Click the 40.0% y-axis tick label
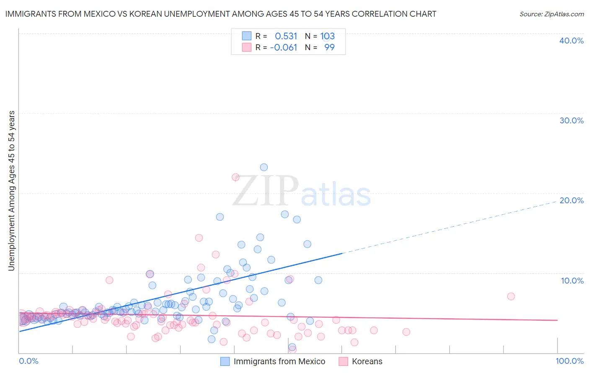(571, 41)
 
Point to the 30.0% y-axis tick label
(571, 120)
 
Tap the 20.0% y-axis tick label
(571, 200)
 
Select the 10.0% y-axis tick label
(572, 281)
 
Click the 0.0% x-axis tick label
(29, 361)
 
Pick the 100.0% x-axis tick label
(569, 361)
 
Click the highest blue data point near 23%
(264, 167)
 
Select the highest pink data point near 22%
(235, 177)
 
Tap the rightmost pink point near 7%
(511, 296)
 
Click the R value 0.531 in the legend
(286, 36)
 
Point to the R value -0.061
(284, 48)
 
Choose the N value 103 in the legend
(328, 36)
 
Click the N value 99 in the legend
(329, 48)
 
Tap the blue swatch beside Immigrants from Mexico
(225, 362)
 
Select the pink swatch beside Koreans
(344, 362)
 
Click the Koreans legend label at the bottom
(367, 362)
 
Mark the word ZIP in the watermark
(265, 192)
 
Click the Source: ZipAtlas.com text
(551, 14)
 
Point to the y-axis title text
(12, 191)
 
